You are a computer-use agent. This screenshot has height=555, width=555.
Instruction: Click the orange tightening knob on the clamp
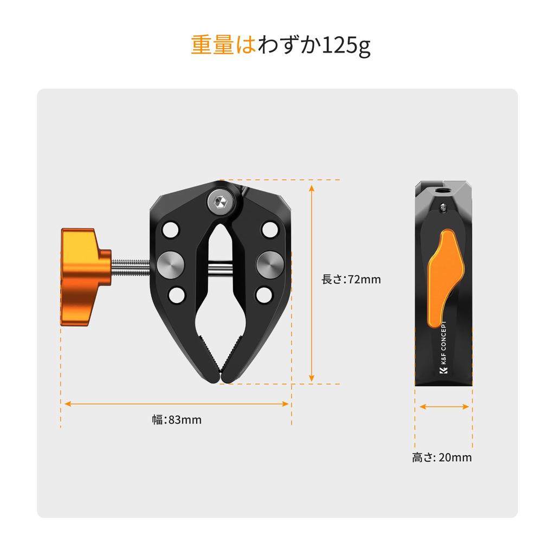click(83, 277)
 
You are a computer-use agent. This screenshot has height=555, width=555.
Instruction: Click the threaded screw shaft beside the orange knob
click(131, 268)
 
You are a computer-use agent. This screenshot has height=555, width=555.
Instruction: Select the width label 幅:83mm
click(177, 420)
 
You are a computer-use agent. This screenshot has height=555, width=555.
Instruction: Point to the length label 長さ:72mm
click(351, 279)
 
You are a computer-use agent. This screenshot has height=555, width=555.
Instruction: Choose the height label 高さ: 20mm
click(442, 457)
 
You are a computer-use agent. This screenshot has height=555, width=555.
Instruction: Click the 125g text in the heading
click(346, 46)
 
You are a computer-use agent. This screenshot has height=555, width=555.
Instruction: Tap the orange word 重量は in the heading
click(223, 45)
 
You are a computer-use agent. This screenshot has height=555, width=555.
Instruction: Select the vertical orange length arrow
click(312, 283)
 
